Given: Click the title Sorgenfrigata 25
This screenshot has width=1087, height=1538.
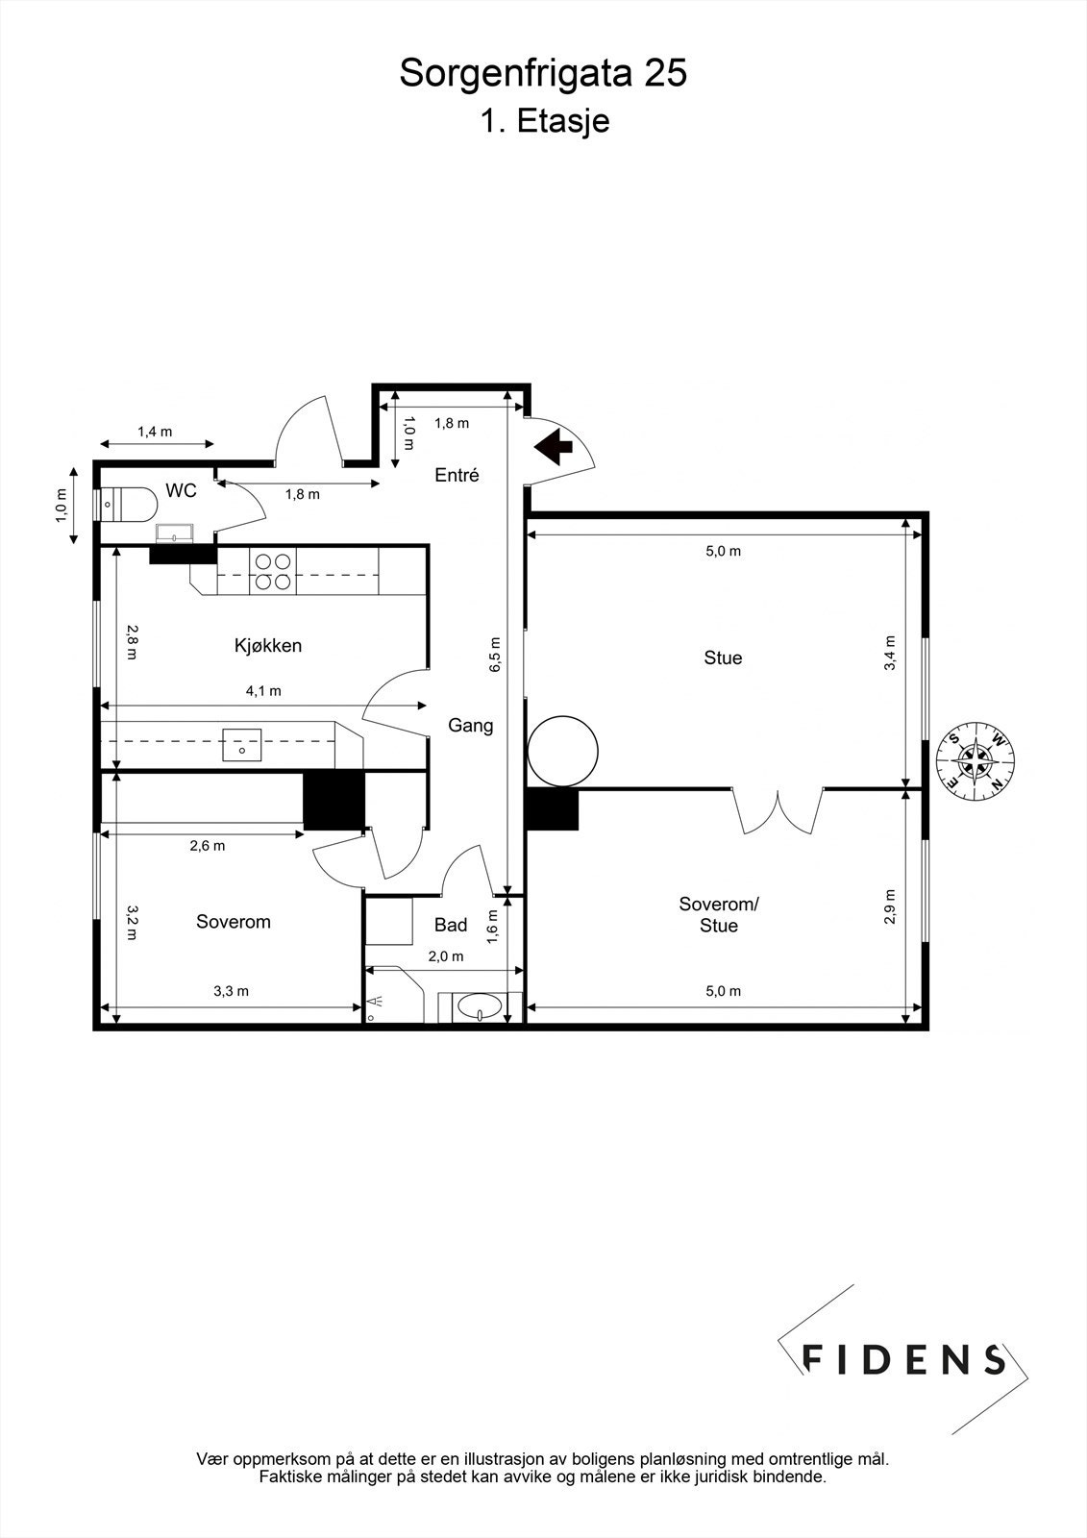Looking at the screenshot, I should tap(543, 73).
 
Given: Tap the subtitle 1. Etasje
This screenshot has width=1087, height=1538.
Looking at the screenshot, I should tap(544, 122).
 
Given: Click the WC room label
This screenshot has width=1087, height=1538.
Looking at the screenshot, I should tap(181, 491).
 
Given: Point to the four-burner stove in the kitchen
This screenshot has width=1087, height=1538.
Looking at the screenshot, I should tap(274, 572).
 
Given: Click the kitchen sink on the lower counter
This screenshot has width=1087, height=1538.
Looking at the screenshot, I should tap(242, 744).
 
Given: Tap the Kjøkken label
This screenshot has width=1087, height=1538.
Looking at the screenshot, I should tap(268, 646).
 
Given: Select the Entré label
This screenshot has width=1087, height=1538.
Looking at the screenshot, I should tap(457, 475).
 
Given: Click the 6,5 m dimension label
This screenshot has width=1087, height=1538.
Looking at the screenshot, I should tap(495, 655).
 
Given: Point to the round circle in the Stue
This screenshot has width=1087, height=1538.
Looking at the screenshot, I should tap(563, 750).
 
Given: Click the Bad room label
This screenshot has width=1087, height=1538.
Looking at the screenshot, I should tap(451, 925).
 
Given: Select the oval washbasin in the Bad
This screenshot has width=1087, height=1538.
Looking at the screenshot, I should tap(478, 1007).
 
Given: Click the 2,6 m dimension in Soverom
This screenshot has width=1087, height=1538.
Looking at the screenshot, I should tap(208, 846).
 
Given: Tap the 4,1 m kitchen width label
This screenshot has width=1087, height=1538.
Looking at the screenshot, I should tap(263, 690).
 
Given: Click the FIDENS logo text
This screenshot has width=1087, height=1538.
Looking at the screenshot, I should tap(902, 1358).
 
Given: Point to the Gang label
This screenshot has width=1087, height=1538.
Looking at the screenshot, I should tap(471, 726).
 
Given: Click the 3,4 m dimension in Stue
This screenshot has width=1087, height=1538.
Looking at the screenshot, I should tap(890, 654).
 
